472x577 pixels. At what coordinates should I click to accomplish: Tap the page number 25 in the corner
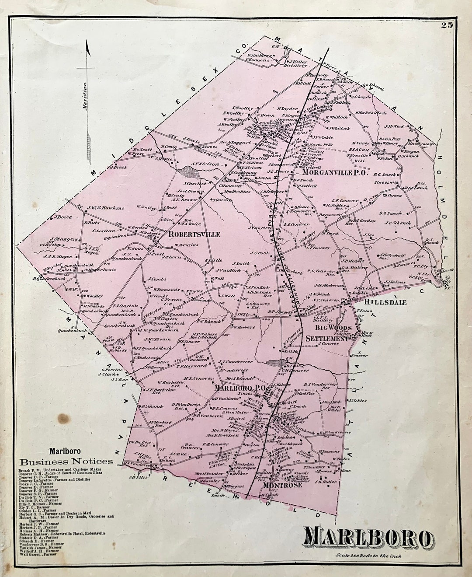click(x=447, y=25)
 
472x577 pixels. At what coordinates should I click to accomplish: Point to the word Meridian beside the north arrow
click(x=86, y=94)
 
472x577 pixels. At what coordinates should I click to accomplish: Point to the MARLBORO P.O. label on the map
click(x=240, y=388)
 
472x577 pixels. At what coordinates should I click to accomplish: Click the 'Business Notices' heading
click(x=66, y=462)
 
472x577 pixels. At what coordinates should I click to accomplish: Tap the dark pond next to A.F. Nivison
click(x=185, y=171)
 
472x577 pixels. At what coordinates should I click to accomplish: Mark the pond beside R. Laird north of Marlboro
click(x=274, y=363)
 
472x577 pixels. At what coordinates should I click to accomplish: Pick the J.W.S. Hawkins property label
click(x=105, y=208)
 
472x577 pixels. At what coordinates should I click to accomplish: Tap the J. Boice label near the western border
click(x=62, y=217)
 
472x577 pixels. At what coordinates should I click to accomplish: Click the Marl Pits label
click(x=306, y=393)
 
